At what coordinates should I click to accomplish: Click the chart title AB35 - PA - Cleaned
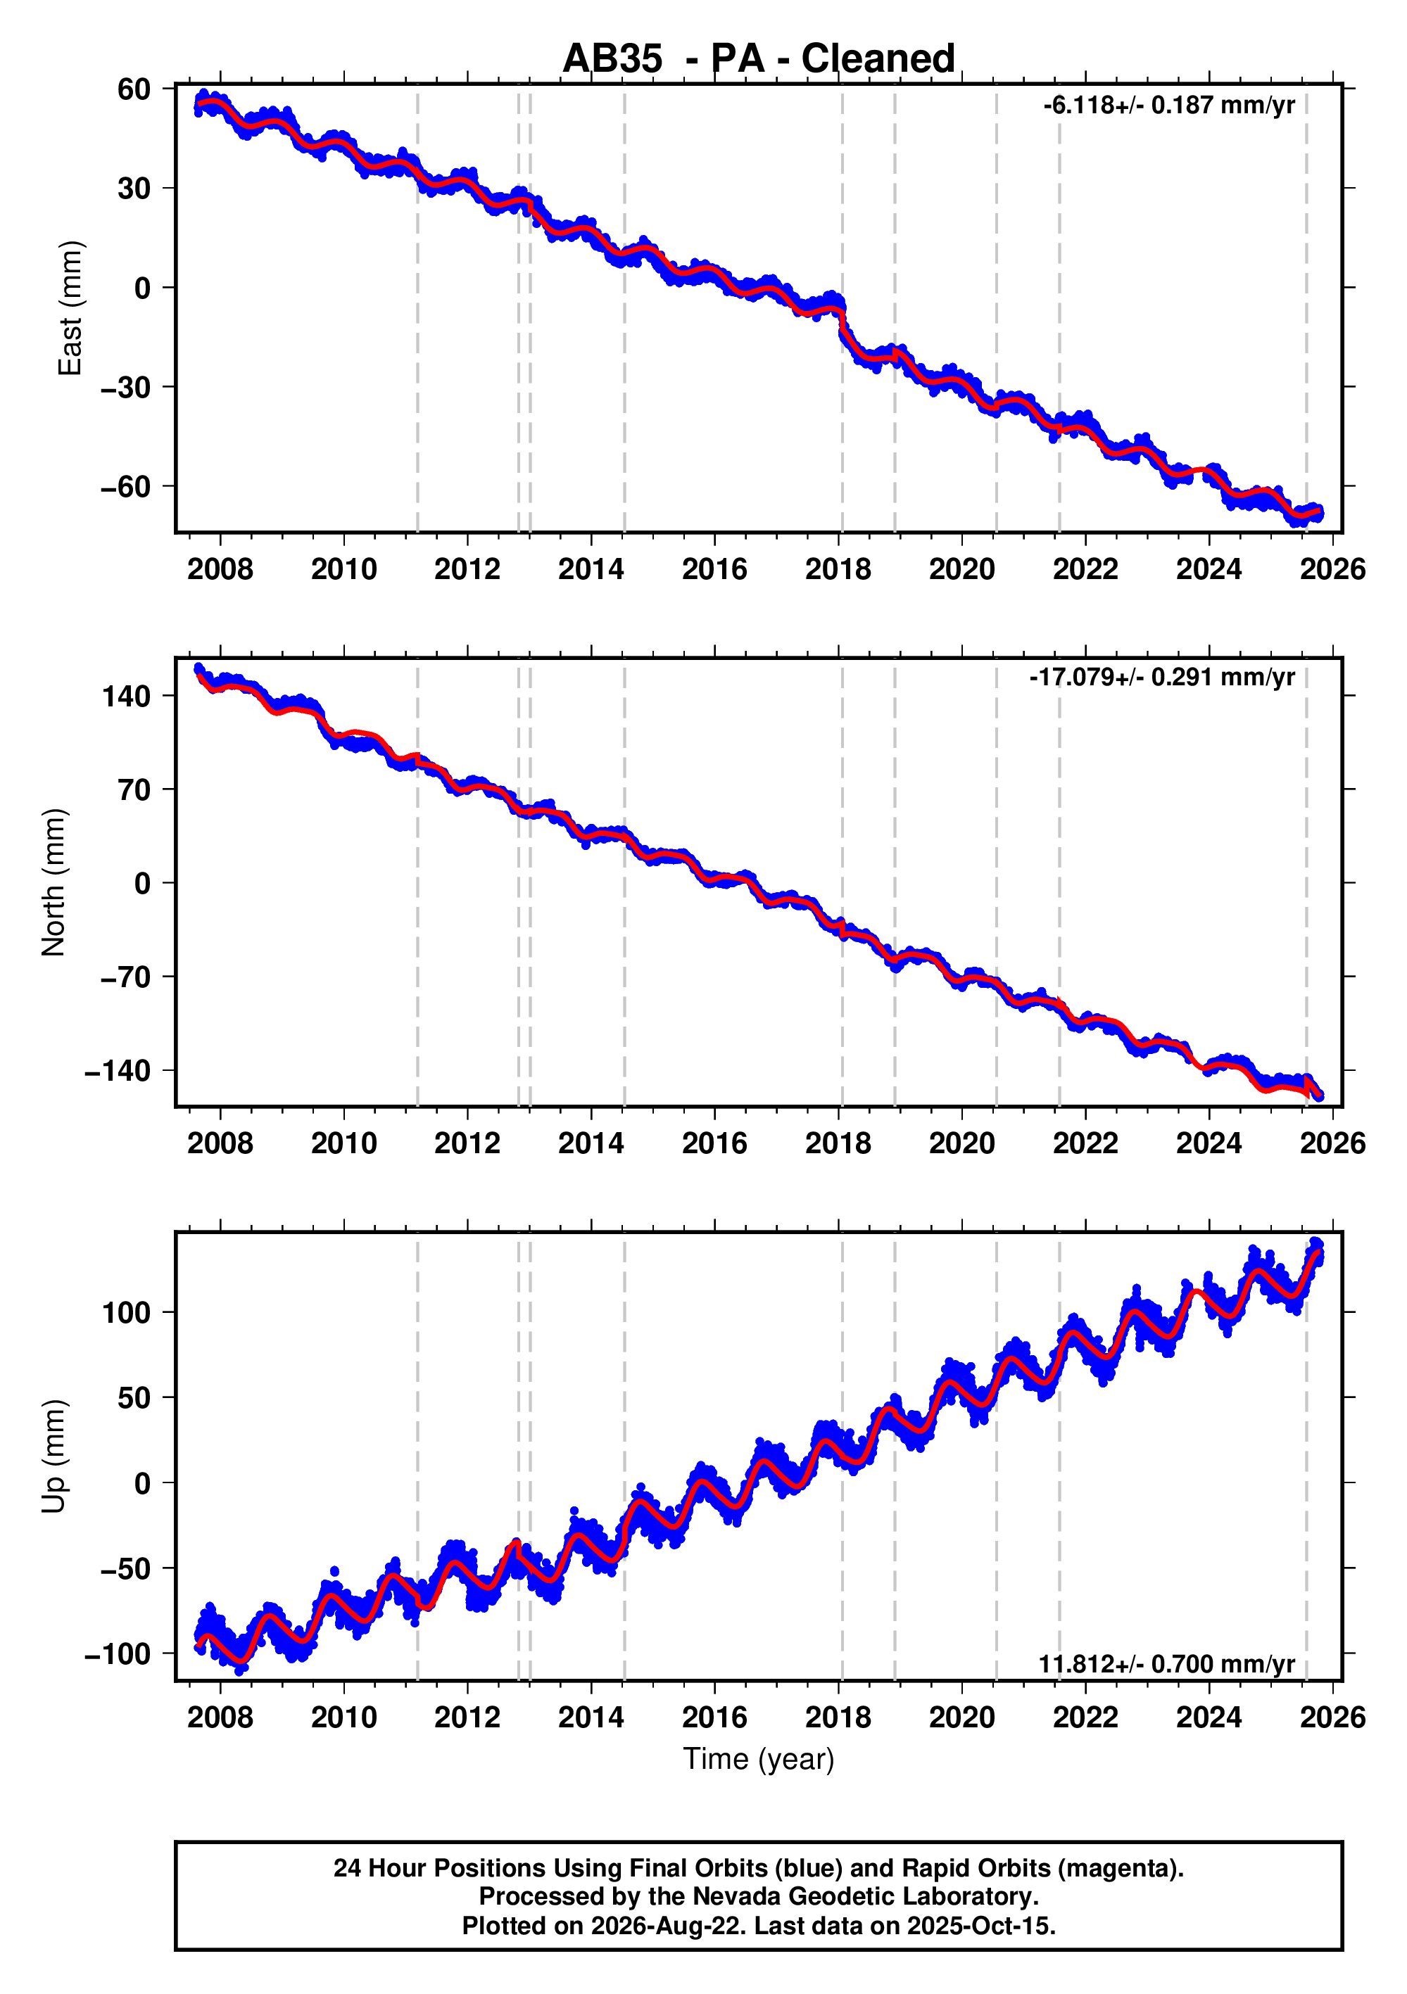pyautogui.click(x=758, y=58)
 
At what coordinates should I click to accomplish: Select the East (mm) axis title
pyautogui.click(x=70, y=308)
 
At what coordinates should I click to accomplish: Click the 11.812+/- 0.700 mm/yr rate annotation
pyautogui.click(x=1166, y=1664)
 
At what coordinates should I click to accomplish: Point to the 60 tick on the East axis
pyautogui.click(x=134, y=89)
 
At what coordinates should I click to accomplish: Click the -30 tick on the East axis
pyautogui.click(x=126, y=388)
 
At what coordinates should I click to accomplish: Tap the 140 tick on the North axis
pyautogui.click(x=127, y=696)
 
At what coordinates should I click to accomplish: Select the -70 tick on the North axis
pyautogui.click(x=126, y=977)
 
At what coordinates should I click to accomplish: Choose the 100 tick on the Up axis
pyautogui.click(x=127, y=1312)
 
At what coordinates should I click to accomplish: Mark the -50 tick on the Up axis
pyautogui.click(x=126, y=1568)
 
